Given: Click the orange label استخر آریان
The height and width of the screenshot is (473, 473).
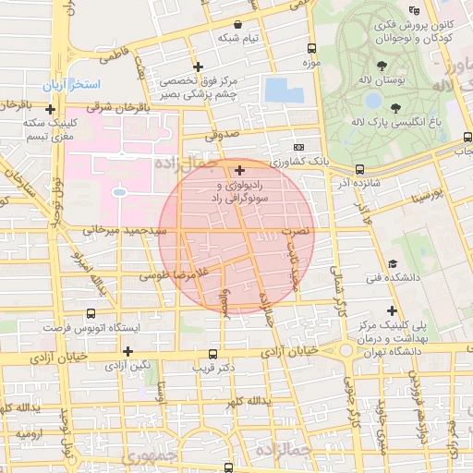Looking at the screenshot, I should (90, 84).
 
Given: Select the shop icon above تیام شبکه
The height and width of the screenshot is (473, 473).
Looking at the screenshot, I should (239, 25).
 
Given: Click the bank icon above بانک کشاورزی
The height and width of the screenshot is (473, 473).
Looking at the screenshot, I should (298, 148).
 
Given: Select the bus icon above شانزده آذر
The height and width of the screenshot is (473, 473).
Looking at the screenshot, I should (358, 169).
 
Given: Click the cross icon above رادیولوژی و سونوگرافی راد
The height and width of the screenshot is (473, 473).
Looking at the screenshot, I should (240, 170).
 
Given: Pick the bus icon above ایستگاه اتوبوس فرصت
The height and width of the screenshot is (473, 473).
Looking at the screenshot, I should (90, 314).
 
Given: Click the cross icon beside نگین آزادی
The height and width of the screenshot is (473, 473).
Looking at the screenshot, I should (127, 351).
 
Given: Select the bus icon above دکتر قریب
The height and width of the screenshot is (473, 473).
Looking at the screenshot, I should (214, 353).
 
